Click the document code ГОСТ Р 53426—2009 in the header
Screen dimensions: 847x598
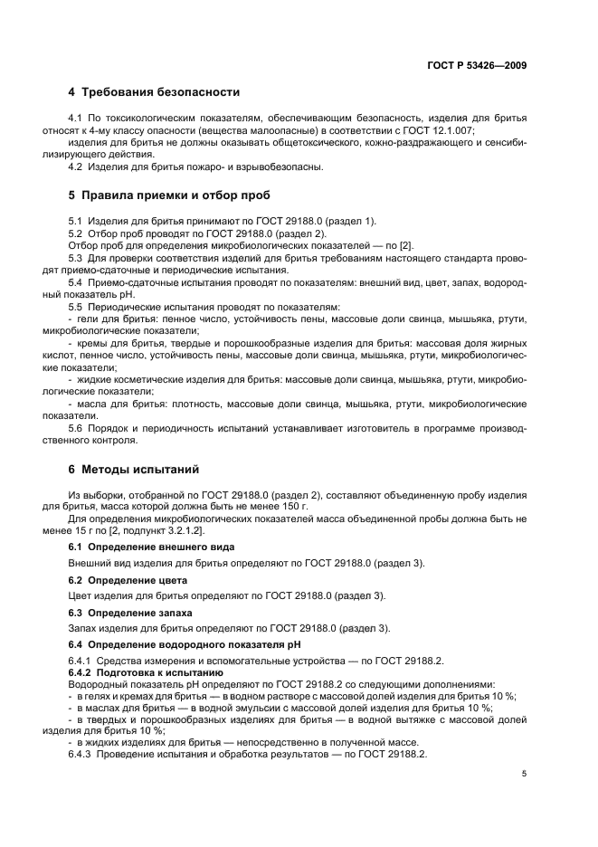(477, 65)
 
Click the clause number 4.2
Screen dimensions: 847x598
(77, 167)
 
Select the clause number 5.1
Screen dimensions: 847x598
(77, 222)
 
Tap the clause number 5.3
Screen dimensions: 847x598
(77, 260)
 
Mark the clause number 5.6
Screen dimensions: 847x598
(77, 428)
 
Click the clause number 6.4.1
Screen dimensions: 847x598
(81, 661)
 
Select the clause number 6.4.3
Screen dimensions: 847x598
(81, 755)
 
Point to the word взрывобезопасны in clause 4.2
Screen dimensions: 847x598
(278, 167)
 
